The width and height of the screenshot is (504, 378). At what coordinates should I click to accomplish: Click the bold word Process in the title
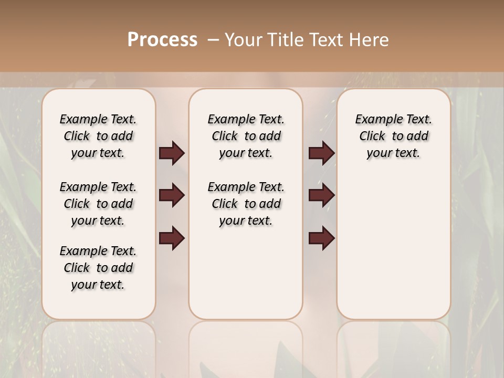pyautogui.click(x=162, y=40)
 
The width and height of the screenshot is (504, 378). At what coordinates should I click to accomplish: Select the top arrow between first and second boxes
pyautogui.click(x=172, y=153)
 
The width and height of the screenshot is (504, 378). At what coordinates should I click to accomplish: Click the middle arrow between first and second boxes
pyautogui.click(x=172, y=195)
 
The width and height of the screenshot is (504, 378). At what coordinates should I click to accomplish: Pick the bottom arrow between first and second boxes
pyautogui.click(x=172, y=238)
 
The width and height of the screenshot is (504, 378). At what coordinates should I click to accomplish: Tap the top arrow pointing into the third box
pyautogui.click(x=322, y=153)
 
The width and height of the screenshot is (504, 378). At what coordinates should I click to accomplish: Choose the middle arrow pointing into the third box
pyautogui.click(x=322, y=195)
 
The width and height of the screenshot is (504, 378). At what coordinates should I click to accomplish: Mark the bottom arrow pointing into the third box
pyautogui.click(x=322, y=238)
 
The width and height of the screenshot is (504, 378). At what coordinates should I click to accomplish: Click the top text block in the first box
pyautogui.click(x=98, y=136)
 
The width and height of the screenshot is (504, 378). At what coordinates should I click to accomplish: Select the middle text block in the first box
pyautogui.click(x=98, y=204)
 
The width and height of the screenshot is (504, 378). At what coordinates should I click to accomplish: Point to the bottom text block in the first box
pyautogui.click(x=98, y=268)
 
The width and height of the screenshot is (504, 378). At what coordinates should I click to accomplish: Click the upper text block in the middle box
pyautogui.click(x=246, y=136)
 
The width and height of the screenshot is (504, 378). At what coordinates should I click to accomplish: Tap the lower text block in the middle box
pyautogui.click(x=246, y=204)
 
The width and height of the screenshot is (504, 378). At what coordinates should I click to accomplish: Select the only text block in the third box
pyautogui.click(x=393, y=136)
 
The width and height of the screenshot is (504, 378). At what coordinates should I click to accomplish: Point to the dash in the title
pyautogui.click(x=213, y=40)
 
